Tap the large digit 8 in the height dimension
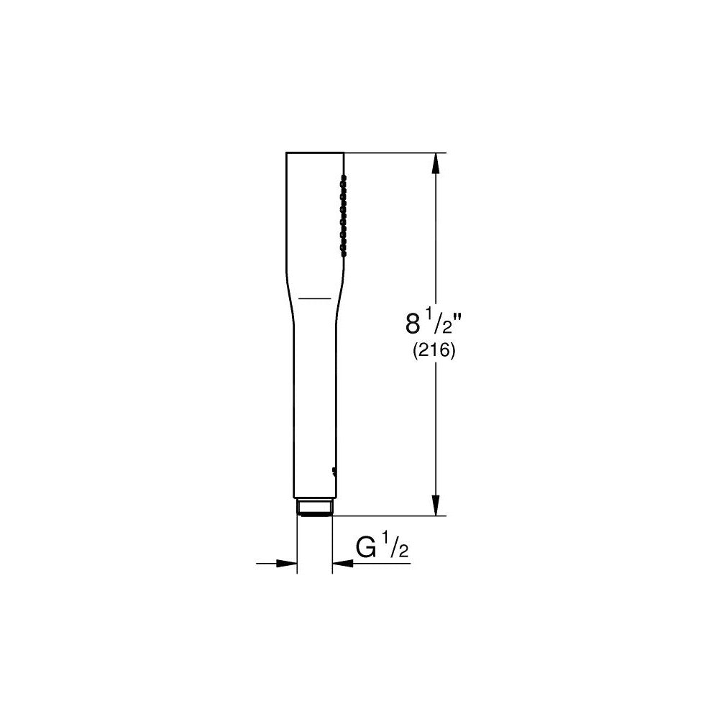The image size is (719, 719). pos(413,324)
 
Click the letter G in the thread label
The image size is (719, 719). pos(367,549)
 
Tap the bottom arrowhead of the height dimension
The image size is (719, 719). pos(435,505)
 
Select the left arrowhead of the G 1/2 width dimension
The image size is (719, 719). pos(287,564)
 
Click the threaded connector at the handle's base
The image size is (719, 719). pos(314,507)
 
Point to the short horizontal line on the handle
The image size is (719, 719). pos(314,296)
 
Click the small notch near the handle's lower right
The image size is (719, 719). pos(334,471)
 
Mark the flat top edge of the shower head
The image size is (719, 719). pos(315,152)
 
